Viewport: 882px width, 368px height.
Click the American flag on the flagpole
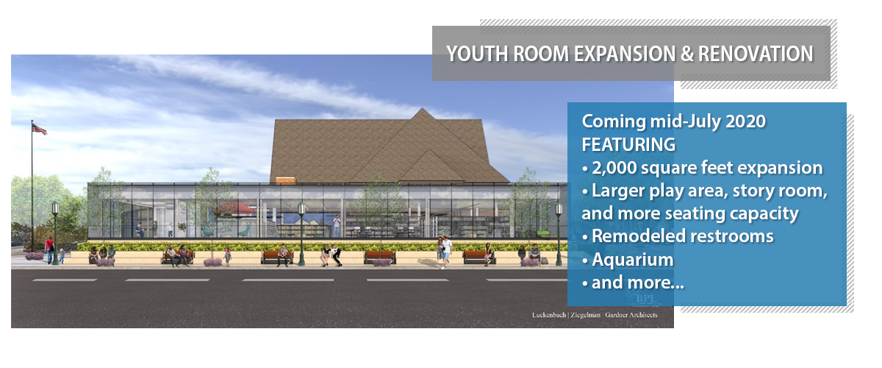tap(40, 129)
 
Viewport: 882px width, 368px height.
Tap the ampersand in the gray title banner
tap(686, 54)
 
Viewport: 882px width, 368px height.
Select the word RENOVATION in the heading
tap(756, 54)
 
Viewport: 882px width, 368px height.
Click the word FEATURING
tap(628, 144)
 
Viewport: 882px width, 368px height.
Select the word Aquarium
tap(633, 260)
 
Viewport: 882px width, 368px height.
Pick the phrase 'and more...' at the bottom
tap(638, 283)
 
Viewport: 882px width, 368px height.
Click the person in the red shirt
tap(50, 250)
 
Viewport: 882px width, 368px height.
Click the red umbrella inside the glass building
tap(234, 208)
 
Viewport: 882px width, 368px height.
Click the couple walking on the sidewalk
tap(444, 252)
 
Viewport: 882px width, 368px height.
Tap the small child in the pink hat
tap(228, 256)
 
